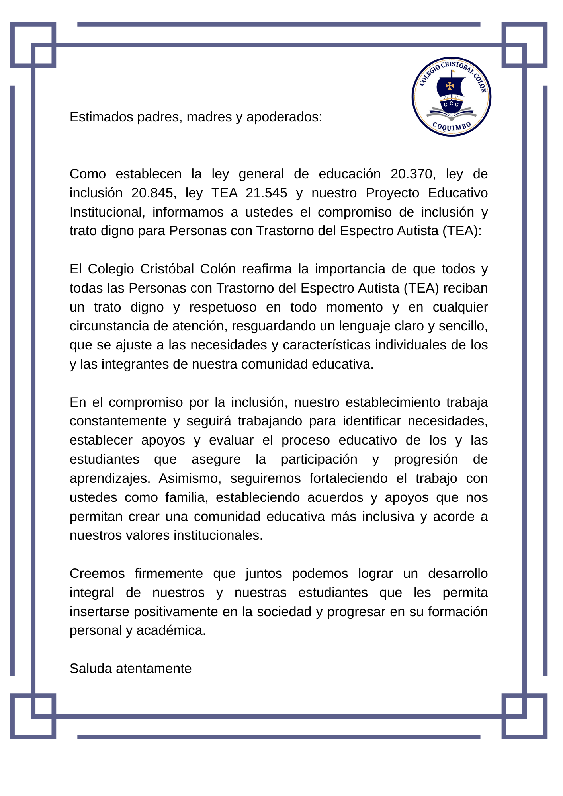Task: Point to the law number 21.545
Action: point(266,193)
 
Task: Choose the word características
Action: point(326,345)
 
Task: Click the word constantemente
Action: point(118,421)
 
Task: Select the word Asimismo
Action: point(190,478)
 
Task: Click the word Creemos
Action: point(97,574)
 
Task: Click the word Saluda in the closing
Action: point(91,669)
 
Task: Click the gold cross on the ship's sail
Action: point(450,86)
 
